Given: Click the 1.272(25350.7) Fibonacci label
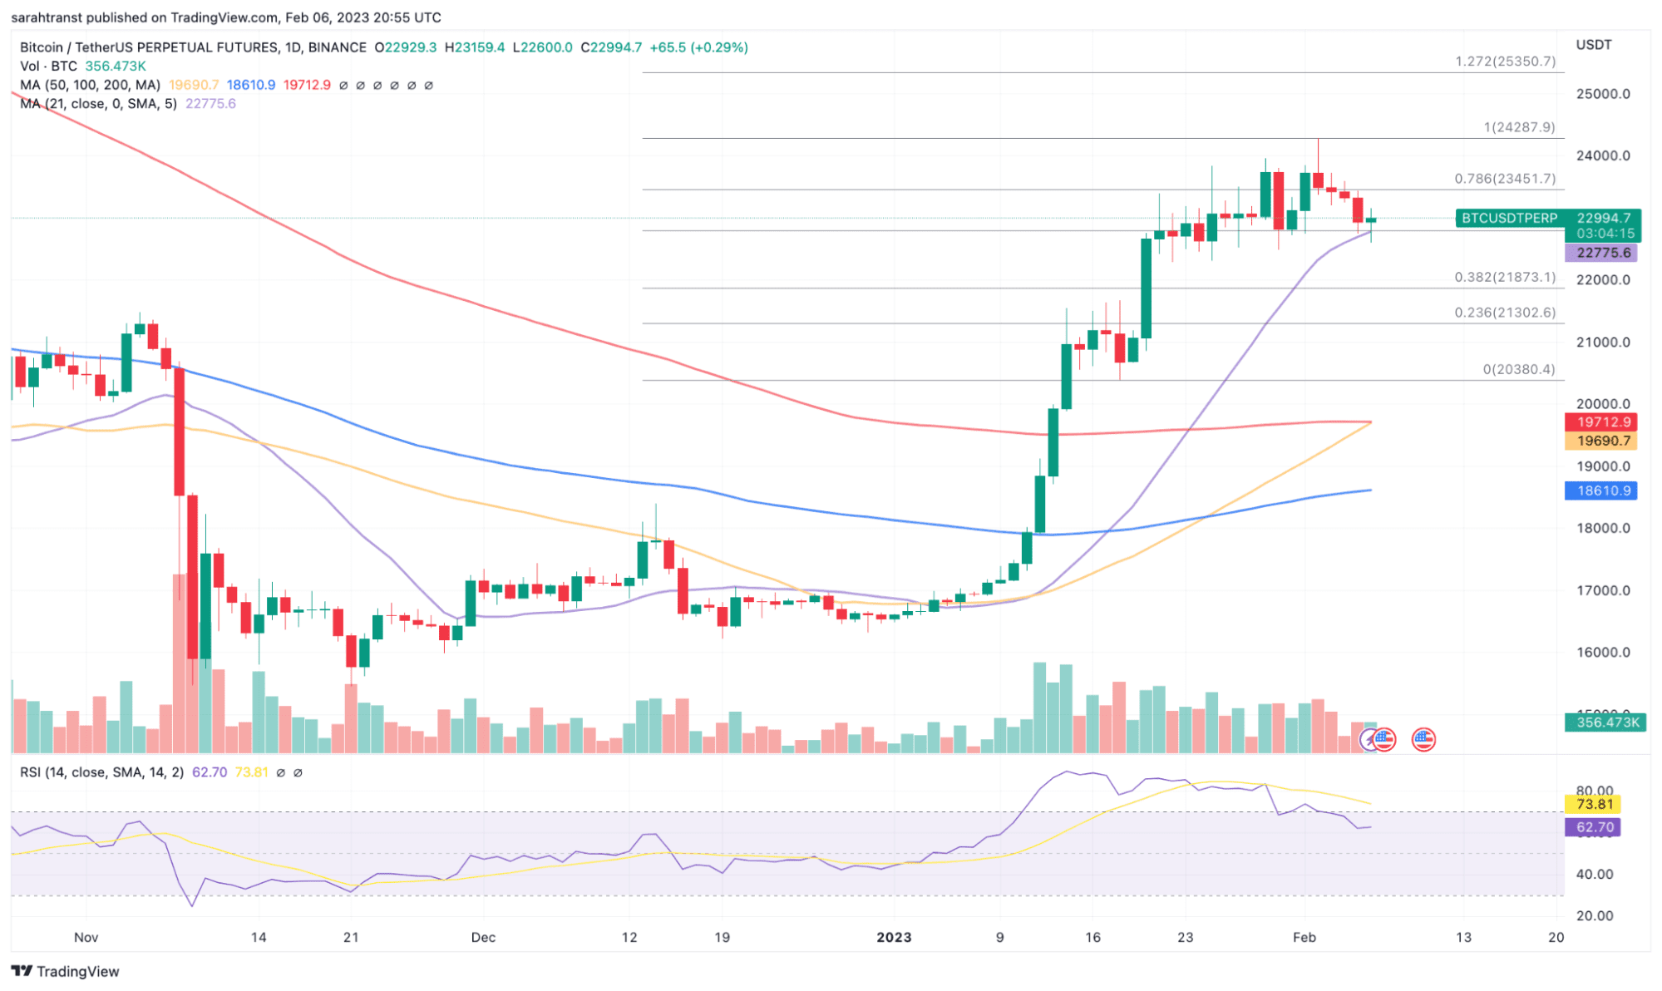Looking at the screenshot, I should [x=1504, y=62].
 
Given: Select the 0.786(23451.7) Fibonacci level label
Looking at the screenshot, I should [x=1504, y=179].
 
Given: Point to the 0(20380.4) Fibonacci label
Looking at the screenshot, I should [x=1518, y=369].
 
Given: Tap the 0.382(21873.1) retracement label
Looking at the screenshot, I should [x=1504, y=277].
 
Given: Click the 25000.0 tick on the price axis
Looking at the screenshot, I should [x=1602, y=94].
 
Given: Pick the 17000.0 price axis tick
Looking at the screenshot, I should [x=1602, y=590].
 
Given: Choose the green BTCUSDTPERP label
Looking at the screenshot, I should [x=1509, y=218].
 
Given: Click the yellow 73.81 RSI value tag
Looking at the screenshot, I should [x=1594, y=804].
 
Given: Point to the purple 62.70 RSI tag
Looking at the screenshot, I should [x=1594, y=827].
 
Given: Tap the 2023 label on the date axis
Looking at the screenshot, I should [x=894, y=937].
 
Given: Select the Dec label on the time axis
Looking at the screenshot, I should [x=483, y=937].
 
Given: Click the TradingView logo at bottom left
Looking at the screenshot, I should [x=66, y=971].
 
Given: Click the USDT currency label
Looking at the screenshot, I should [x=1593, y=45].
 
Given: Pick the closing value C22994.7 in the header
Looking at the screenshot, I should [x=611, y=47].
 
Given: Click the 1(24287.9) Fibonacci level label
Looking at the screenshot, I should [x=1518, y=127].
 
